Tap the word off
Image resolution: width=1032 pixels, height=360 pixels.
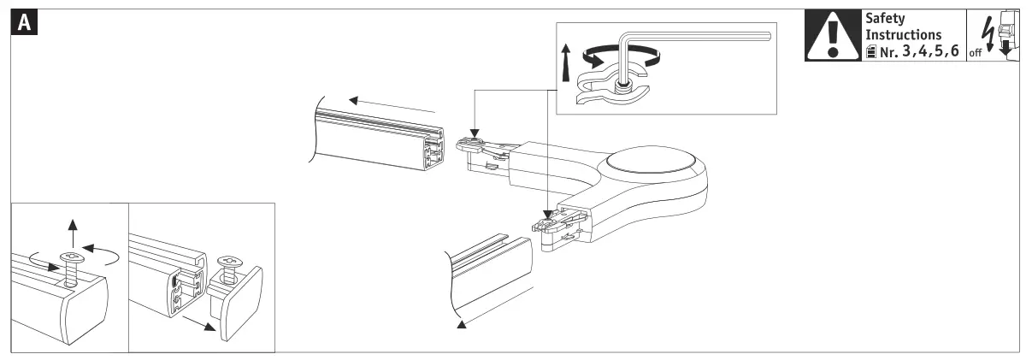[x=990, y=57]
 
